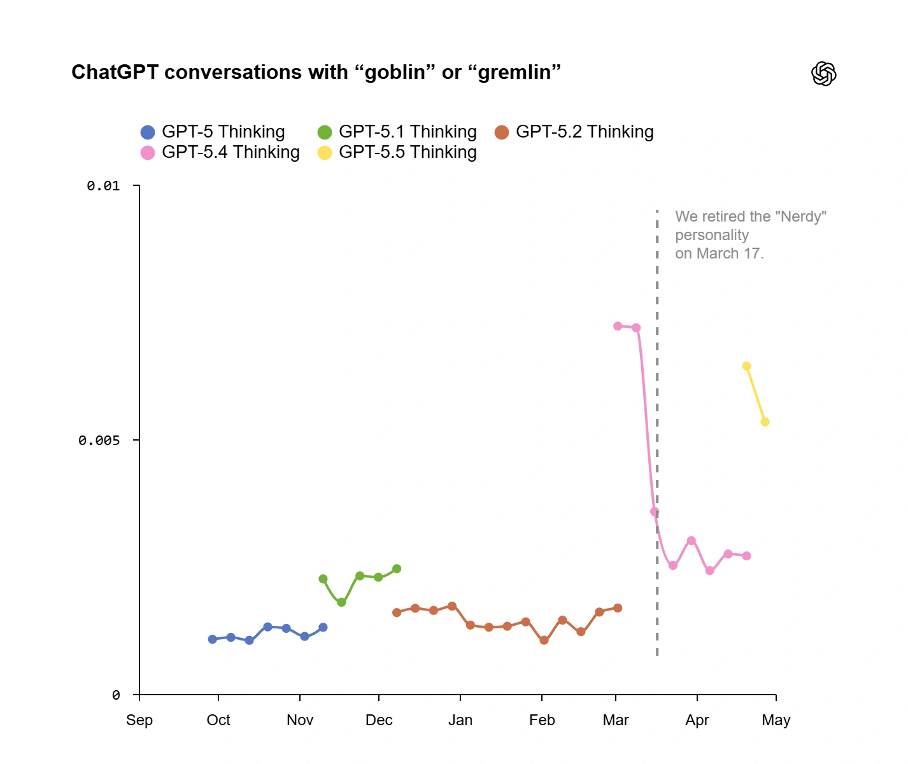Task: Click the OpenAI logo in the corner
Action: coord(823,74)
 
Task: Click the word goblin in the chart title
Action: coord(394,73)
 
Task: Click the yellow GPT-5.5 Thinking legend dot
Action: coord(325,153)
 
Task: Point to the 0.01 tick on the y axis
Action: coord(104,186)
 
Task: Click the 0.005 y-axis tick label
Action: coord(99,441)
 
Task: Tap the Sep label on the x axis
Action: coord(139,720)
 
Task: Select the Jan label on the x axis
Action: coord(460,720)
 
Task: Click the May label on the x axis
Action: coord(776,720)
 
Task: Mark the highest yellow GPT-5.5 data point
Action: coord(746,366)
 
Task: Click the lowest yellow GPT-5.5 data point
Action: coord(765,422)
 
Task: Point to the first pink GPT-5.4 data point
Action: coord(618,326)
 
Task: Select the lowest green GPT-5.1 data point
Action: coord(341,602)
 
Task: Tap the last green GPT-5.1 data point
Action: coord(397,569)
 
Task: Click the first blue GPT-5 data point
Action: coord(213,639)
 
